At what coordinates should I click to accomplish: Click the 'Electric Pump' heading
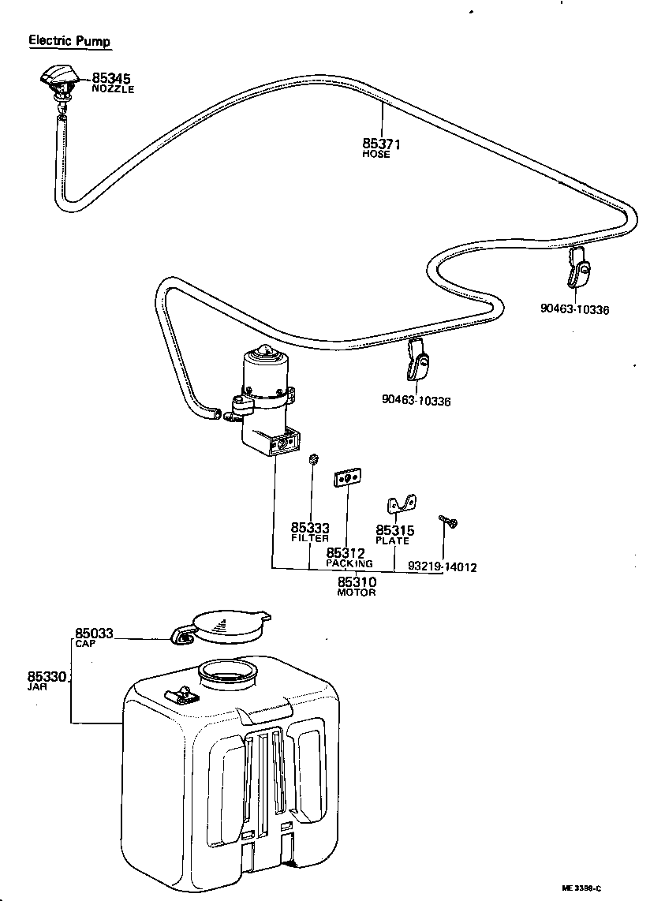69,40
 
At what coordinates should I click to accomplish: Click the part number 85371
382,144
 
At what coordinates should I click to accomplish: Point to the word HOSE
376,155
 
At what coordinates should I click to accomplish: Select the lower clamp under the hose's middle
418,361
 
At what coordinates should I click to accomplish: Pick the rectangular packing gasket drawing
347,479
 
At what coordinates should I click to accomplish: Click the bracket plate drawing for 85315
401,503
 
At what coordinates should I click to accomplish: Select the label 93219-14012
443,566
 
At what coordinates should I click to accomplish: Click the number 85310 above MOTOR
357,582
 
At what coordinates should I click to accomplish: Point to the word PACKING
349,564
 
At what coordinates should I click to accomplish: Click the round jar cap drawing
229,626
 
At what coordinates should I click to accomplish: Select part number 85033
95,633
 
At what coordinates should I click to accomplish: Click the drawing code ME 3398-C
581,888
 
